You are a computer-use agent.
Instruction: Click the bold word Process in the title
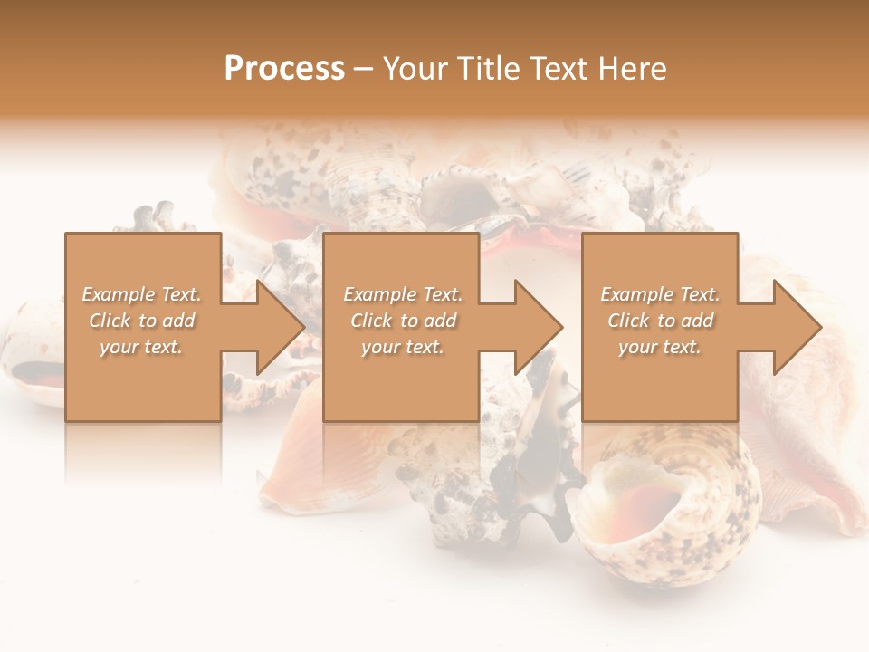click(284, 69)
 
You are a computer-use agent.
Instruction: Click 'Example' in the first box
click(119, 294)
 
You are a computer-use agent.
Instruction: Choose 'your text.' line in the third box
click(660, 347)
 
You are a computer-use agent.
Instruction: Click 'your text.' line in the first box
click(141, 347)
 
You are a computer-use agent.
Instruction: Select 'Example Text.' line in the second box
click(403, 294)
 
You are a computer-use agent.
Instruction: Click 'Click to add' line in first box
click(142, 321)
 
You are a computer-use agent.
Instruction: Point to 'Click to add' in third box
click(661, 321)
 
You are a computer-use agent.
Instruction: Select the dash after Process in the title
click(363, 69)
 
